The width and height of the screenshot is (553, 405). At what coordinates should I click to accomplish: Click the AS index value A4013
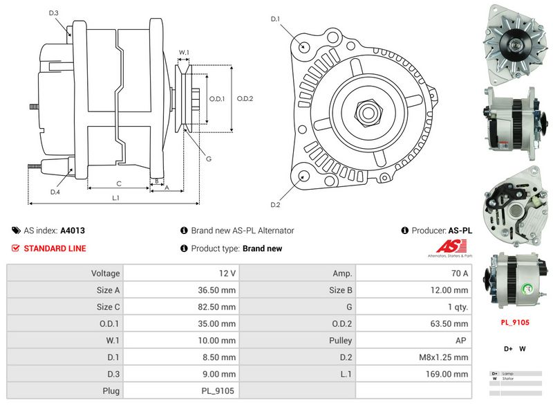(73, 231)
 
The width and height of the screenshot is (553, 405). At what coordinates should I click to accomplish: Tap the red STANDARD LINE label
(55, 249)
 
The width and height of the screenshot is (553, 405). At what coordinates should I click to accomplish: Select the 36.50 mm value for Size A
(216, 290)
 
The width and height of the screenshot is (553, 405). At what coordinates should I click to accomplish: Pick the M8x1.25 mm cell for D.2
(443, 357)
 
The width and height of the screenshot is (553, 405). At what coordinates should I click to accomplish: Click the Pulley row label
(341, 341)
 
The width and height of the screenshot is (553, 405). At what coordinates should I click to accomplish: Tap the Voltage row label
(106, 273)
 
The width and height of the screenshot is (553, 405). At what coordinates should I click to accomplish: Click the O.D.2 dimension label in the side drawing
(245, 98)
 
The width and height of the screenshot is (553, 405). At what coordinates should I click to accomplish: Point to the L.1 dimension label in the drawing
(116, 198)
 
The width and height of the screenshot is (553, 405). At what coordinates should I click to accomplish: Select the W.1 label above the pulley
(184, 52)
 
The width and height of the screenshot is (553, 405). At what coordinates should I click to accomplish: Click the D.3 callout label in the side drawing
(54, 13)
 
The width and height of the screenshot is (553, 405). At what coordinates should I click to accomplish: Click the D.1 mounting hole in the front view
(305, 46)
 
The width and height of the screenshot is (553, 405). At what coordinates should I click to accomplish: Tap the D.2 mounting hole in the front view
(305, 177)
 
